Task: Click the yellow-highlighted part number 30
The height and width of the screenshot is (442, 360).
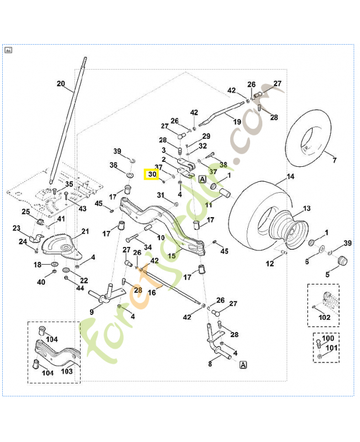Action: pos(152,175)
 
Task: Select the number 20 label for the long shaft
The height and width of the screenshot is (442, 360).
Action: pos(61,84)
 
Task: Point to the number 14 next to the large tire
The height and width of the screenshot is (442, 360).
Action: pos(290,178)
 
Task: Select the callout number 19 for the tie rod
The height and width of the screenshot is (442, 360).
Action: pos(237,122)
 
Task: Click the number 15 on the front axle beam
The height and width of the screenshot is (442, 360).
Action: pos(172,256)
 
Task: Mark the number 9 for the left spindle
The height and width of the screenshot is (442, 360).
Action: pos(92,312)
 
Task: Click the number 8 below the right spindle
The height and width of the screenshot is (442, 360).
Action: pos(210,364)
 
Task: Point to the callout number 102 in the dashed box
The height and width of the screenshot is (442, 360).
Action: pos(325,317)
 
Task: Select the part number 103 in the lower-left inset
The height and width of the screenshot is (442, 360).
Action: pos(67,371)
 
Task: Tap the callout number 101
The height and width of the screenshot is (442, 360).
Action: pos(332,348)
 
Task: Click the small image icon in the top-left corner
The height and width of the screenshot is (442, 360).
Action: pos(8,50)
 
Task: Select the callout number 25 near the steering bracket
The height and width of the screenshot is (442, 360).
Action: pos(26,212)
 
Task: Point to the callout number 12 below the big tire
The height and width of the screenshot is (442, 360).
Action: pos(269,264)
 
